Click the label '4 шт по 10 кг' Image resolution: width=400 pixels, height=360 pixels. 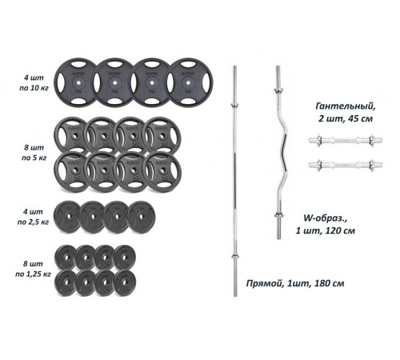[x=34, y=82]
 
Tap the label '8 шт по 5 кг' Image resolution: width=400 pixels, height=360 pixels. [x=34, y=153]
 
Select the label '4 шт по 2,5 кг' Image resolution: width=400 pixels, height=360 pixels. [x=33, y=217]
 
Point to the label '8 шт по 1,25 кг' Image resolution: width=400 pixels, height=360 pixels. [x=33, y=269]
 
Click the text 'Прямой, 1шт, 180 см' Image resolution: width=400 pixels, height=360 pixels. [x=295, y=283]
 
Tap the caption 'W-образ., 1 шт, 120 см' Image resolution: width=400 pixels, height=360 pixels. [x=325, y=224]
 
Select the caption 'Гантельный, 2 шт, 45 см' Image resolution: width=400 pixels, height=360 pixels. [x=346, y=112]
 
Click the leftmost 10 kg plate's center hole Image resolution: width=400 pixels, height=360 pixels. [x=78, y=83]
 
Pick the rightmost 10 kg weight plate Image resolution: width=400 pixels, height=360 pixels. [x=190, y=83]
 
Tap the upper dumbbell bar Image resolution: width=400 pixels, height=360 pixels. [x=346, y=140]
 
